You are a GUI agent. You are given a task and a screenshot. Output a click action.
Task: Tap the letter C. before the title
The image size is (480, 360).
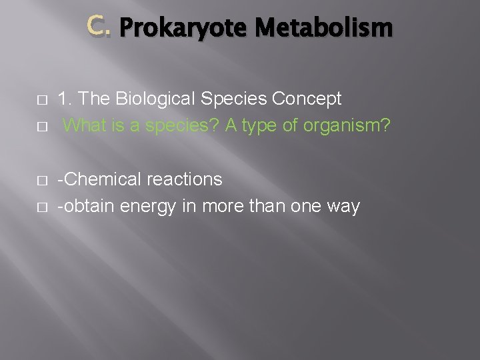tap(100, 27)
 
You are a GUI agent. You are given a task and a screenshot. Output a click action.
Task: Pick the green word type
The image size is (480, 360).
tap(265, 126)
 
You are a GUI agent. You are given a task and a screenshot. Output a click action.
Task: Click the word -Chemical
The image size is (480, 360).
tap(98, 179)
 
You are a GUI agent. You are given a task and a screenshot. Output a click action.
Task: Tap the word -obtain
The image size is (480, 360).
tap(87, 206)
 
